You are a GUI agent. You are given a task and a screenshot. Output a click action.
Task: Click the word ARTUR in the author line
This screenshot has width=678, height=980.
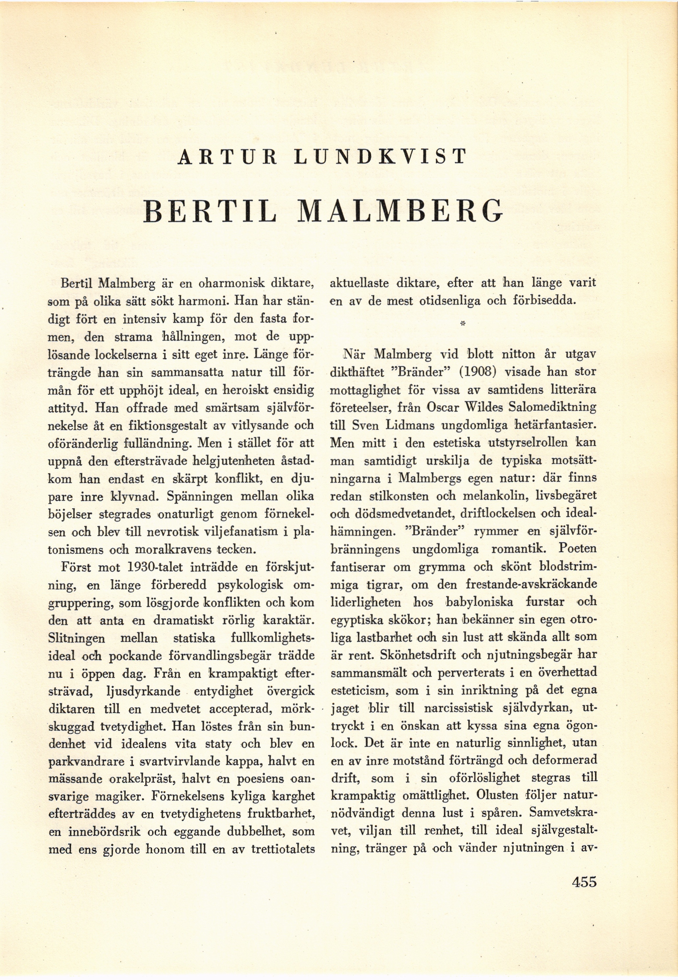(227, 157)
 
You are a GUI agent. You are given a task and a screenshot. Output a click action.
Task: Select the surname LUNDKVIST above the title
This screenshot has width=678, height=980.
(381, 157)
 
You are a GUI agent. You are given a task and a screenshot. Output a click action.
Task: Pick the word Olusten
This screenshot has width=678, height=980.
(497, 797)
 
